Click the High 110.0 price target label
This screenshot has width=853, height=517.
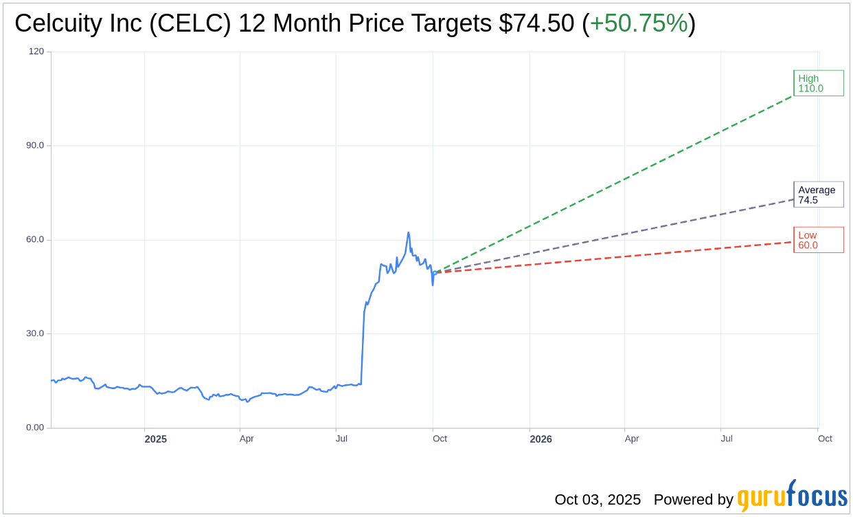[x=818, y=83]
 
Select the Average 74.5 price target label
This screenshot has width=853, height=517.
[x=818, y=195]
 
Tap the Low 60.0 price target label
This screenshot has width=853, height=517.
[x=818, y=240]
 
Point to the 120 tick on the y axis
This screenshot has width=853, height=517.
[x=36, y=52]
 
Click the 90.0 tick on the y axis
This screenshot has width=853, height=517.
[x=34, y=146]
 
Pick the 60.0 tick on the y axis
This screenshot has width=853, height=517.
[x=34, y=240]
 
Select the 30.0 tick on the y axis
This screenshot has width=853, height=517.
[x=34, y=333]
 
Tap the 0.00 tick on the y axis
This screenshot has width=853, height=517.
[x=34, y=428]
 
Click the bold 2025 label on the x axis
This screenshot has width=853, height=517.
[x=155, y=439]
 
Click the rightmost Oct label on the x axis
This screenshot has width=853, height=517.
[x=825, y=439]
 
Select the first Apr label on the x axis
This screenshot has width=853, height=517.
[x=247, y=439]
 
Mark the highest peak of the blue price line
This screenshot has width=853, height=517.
[x=408, y=232]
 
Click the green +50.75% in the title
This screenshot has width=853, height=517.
[x=639, y=23]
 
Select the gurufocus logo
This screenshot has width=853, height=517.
[x=792, y=496]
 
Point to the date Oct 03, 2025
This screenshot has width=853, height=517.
[x=598, y=500]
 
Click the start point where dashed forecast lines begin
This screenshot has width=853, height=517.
[x=434, y=273]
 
